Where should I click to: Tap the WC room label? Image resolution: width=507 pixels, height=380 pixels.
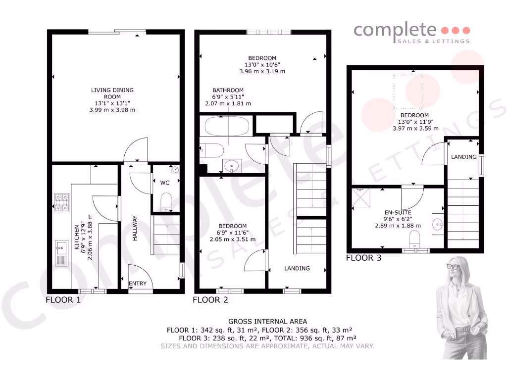[165, 183]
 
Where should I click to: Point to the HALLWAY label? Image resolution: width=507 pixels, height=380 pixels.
[135, 229]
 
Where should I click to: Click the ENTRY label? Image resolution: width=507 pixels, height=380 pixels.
[138, 284]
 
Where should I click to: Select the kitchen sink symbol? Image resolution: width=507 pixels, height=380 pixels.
[62, 252]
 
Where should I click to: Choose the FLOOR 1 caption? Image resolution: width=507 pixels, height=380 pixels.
[63, 299]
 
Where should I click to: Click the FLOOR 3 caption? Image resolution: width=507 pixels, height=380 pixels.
[363, 258]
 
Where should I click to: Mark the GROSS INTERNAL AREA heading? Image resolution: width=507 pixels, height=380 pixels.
[267, 322]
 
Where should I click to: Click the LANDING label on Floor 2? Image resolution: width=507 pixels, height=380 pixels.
[297, 268]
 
